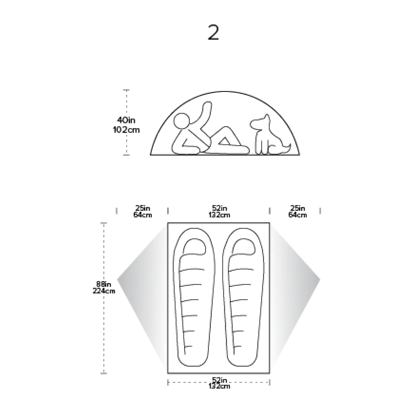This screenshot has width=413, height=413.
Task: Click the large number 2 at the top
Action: [213, 32]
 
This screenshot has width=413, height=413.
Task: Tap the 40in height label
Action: [126, 120]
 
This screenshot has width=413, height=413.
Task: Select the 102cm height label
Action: [126, 130]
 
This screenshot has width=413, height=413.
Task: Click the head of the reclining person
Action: [182, 121]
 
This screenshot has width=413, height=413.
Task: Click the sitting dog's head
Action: [260, 122]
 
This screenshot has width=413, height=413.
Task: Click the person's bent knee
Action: [225, 129]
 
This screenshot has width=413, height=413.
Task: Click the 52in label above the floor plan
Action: [219, 208]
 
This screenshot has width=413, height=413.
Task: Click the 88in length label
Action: [103, 284]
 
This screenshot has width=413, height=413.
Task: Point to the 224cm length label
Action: [104, 291]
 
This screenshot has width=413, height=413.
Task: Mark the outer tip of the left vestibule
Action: [117, 279]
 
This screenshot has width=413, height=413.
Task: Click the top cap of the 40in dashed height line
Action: [127, 90]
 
